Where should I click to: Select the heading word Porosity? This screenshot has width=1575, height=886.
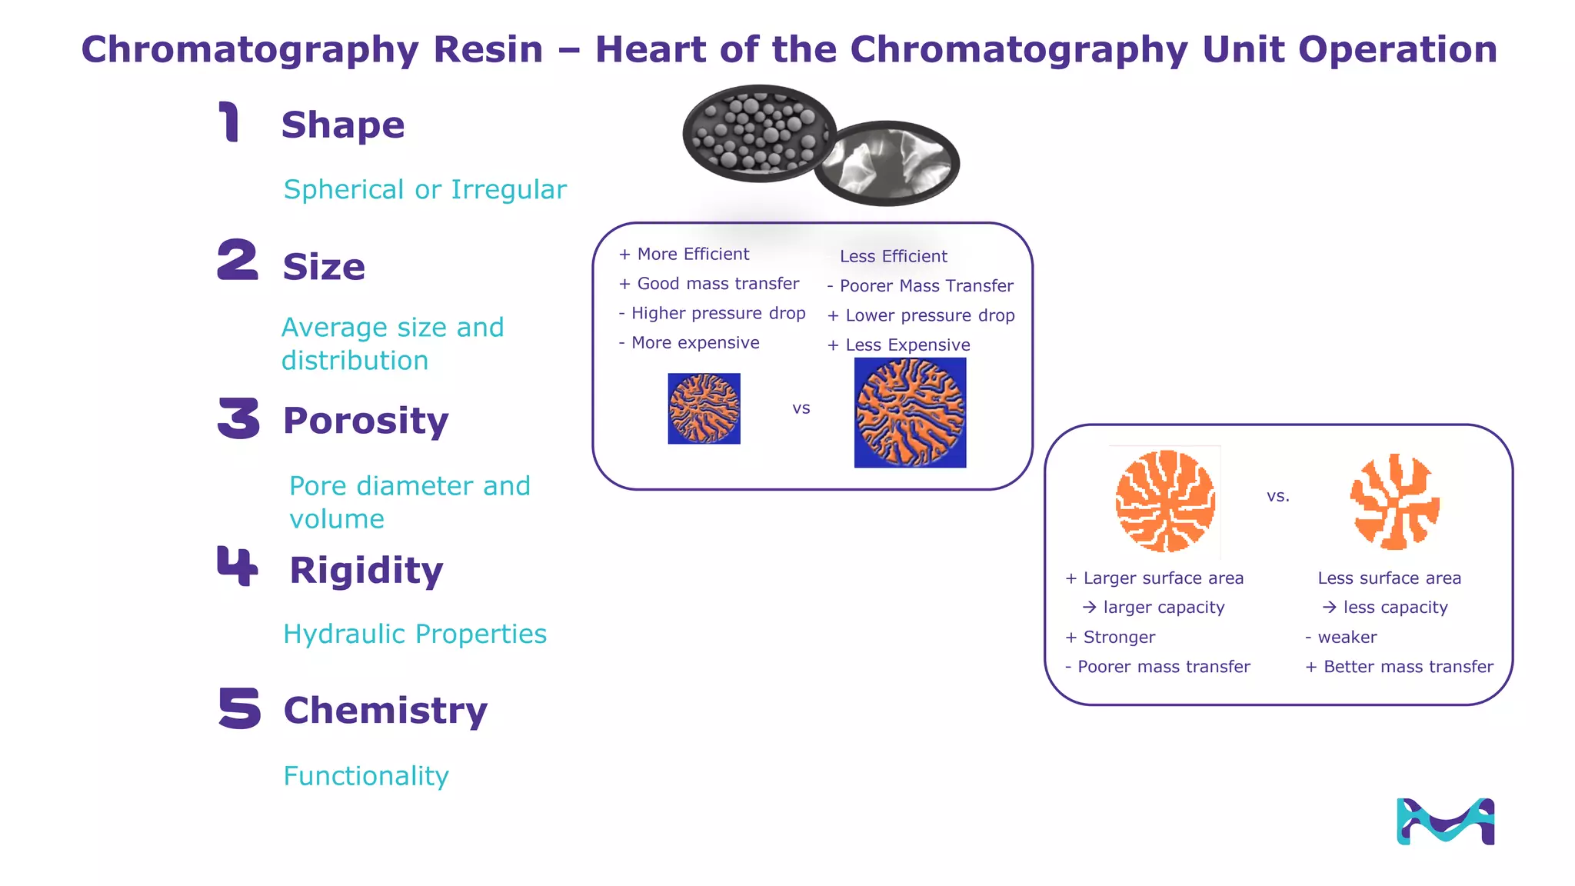[x=365, y=421]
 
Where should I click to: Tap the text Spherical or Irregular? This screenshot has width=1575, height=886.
[x=425, y=189]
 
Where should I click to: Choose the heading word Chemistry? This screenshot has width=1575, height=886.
[x=385, y=710]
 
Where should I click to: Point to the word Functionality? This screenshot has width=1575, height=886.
[x=366, y=775]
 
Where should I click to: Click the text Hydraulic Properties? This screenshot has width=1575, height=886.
[x=415, y=634]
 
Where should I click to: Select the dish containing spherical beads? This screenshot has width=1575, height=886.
[x=758, y=133]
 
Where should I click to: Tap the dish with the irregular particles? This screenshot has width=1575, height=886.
[x=887, y=163]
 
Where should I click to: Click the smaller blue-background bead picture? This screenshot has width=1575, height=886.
[x=704, y=408]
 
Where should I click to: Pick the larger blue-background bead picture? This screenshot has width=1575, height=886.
[x=910, y=412]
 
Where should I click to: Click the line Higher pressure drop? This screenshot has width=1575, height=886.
[x=717, y=313]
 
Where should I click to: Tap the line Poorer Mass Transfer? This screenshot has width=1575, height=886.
[x=925, y=286]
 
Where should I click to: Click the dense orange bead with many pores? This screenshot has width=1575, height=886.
[x=1165, y=501]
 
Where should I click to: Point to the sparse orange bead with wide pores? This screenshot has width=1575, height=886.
[x=1394, y=501]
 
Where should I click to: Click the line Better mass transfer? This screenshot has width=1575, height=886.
[x=1407, y=667]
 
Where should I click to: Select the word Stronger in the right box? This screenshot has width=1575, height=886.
[x=1118, y=637]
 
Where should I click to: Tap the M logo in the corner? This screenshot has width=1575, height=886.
[x=1445, y=821]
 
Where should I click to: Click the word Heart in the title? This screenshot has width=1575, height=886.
[x=651, y=49]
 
